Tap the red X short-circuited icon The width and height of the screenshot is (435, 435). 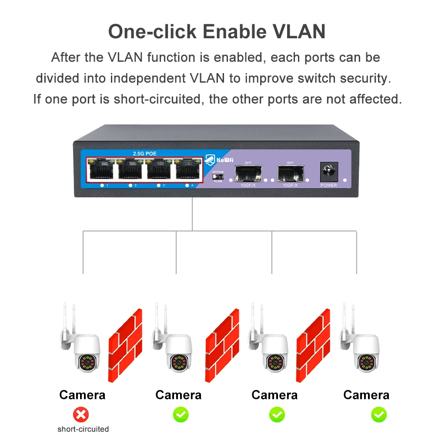[x=80, y=414]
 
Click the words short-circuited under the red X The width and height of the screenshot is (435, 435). [x=83, y=429]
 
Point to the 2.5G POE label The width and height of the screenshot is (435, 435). [x=144, y=153]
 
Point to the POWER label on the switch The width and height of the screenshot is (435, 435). [x=328, y=185]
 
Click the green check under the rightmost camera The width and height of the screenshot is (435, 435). [x=378, y=414]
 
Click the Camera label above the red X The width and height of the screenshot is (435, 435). [x=82, y=395]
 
